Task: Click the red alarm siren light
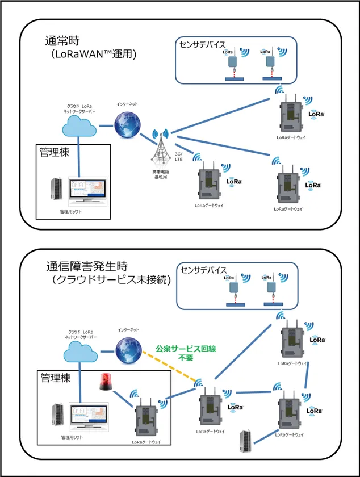[106, 383]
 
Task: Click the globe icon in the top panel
[125, 124]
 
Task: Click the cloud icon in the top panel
[79, 127]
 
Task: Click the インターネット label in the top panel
[127, 105]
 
